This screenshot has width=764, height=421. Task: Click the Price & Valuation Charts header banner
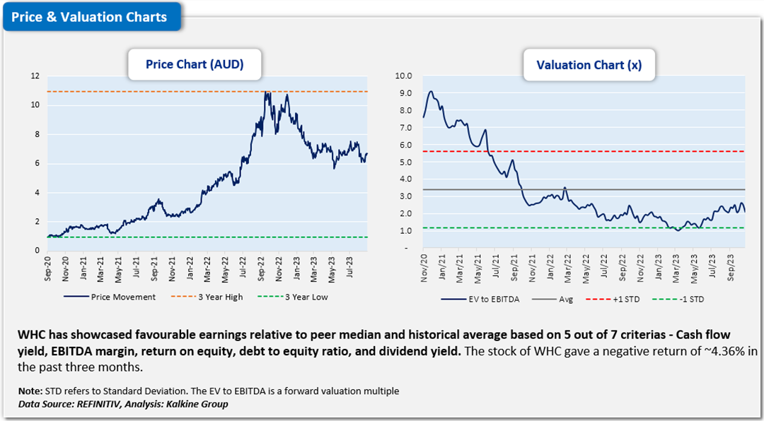pos(89,17)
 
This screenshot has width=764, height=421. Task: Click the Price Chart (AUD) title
pos(194,64)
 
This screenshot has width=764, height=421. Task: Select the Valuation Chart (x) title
pos(589,65)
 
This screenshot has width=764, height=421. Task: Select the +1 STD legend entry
pos(622,299)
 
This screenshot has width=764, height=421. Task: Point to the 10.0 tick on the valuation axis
pos(403,76)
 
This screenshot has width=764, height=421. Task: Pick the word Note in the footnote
pos(30,390)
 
